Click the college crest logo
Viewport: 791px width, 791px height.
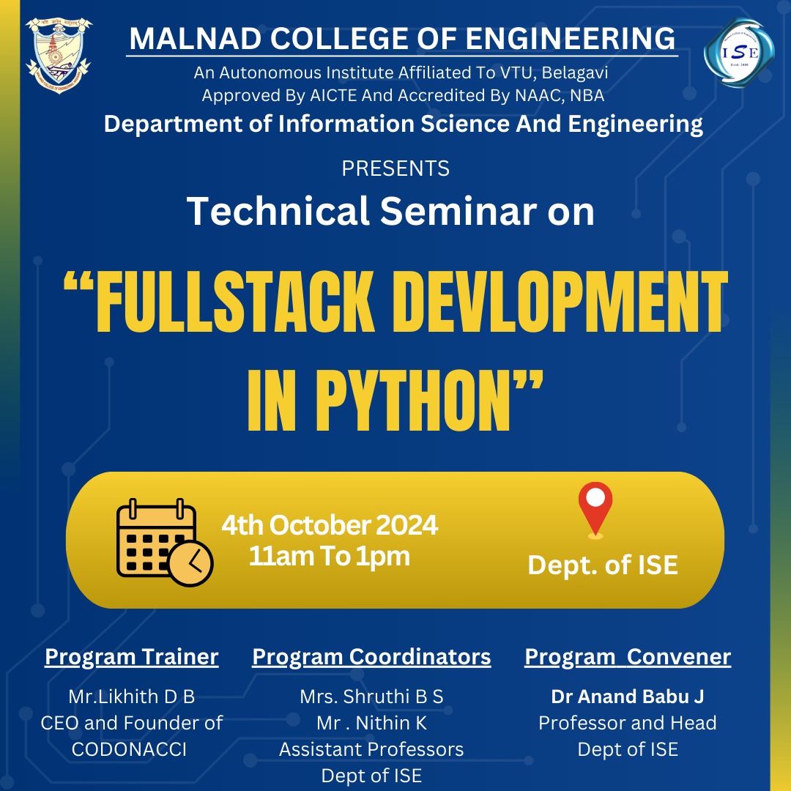(x=59, y=54)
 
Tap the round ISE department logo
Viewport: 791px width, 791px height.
(x=739, y=53)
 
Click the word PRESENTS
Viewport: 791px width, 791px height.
(x=395, y=168)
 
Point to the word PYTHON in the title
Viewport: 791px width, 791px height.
(x=414, y=401)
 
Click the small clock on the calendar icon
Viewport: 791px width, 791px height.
(x=190, y=563)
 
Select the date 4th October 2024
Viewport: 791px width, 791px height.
(x=330, y=525)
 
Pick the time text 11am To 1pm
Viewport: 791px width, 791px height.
(x=330, y=556)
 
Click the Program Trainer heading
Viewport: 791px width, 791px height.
(x=132, y=657)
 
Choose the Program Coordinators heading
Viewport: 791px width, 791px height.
(x=371, y=657)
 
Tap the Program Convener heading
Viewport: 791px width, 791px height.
(x=628, y=657)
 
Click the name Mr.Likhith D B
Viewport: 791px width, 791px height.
(x=132, y=697)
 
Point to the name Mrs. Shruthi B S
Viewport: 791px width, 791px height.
(x=371, y=697)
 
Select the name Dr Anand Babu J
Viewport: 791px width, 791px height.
(x=628, y=697)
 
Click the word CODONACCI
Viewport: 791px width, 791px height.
(x=129, y=750)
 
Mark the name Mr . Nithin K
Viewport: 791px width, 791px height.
(x=371, y=723)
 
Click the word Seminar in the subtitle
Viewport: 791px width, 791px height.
(x=458, y=211)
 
